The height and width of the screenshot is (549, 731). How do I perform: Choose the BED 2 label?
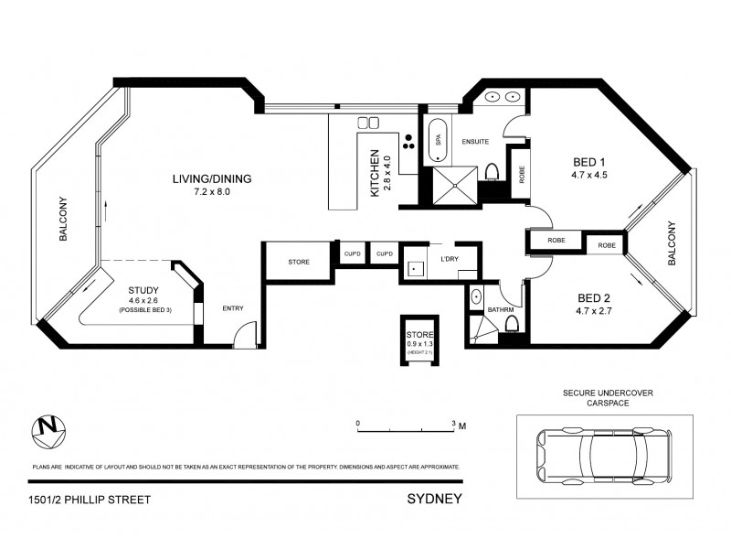coord(593,303)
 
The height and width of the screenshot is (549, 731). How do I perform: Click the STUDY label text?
coord(144,291)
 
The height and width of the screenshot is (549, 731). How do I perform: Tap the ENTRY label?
coord(233,308)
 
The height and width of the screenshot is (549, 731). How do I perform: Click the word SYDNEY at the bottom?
coord(434,500)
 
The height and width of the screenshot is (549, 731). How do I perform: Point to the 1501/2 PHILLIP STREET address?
coord(89,500)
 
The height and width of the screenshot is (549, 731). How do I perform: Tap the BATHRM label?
coord(501,310)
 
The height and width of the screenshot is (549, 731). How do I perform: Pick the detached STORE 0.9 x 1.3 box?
coord(420,340)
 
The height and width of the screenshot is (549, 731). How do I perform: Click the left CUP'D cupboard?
coord(351,253)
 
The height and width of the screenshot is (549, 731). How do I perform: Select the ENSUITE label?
coord(476,142)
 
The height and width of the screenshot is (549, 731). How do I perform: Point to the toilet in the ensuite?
coord(492,172)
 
